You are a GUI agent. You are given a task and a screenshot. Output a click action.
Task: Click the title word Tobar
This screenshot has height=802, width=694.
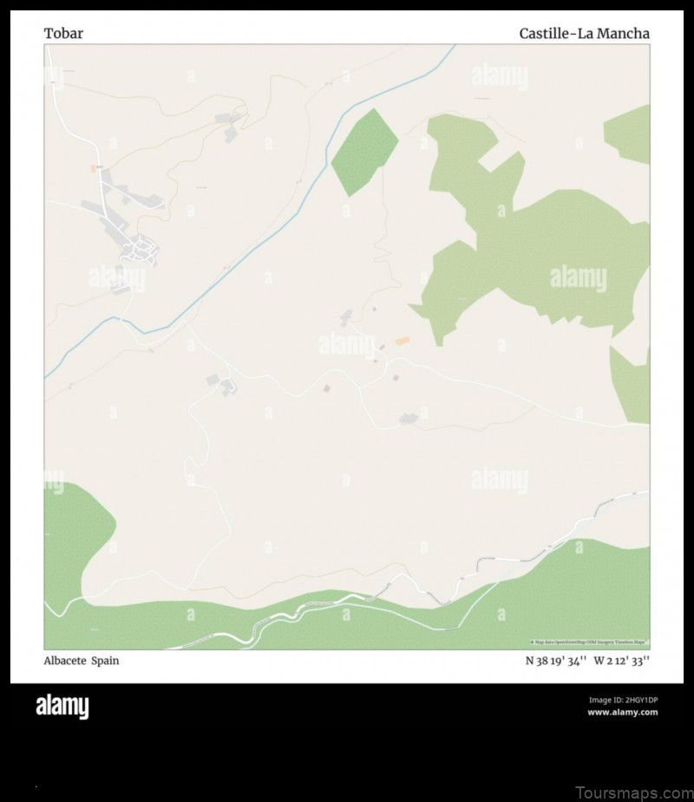[x=63, y=34]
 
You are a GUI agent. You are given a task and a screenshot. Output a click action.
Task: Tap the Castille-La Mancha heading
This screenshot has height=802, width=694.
[x=584, y=34]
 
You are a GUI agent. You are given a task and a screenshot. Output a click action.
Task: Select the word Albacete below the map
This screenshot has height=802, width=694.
[x=64, y=661]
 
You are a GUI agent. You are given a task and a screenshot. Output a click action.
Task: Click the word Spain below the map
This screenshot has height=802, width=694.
[x=106, y=661]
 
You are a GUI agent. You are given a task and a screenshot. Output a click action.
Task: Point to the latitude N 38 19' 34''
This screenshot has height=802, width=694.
[x=556, y=661]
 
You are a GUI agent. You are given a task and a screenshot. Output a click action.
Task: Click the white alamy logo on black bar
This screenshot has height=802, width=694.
[x=62, y=707]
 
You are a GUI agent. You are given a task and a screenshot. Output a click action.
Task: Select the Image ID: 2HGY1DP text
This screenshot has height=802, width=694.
[x=623, y=700]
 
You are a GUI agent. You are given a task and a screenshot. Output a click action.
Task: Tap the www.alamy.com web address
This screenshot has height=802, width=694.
[x=622, y=713]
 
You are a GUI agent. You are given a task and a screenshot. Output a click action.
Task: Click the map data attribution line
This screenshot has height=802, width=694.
[x=589, y=642]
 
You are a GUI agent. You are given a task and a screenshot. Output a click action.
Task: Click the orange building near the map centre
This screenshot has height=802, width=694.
[x=402, y=342]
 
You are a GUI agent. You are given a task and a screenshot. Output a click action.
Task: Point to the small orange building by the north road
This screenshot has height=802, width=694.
[x=94, y=167]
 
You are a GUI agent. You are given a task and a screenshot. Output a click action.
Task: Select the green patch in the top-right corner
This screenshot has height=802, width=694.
[x=630, y=134]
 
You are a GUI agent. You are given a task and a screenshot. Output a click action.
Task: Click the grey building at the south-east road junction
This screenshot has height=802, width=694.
[x=409, y=419]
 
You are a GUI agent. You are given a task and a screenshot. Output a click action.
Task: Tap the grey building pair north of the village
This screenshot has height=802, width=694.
[x=232, y=124]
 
